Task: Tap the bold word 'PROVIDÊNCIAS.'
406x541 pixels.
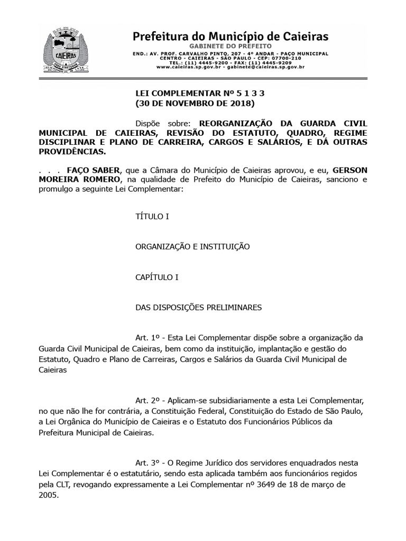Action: (x=72, y=152)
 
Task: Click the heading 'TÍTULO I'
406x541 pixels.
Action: (x=152, y=217)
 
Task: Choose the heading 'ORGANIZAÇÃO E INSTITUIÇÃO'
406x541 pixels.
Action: (x=192, y=247)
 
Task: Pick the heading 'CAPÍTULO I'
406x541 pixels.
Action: (x=158, y=277)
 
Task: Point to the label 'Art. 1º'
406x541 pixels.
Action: (x=147, y=338)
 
